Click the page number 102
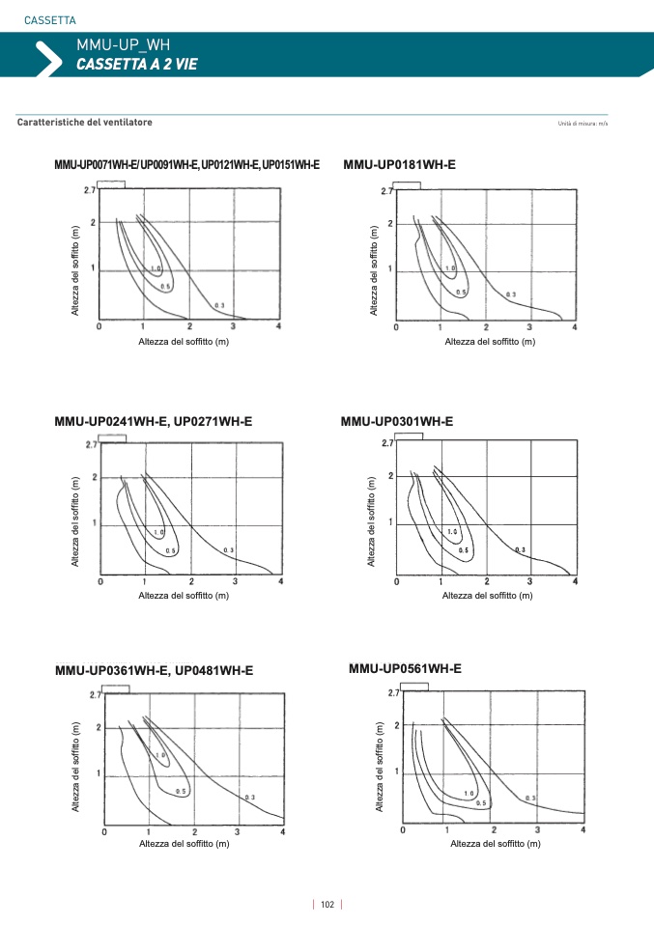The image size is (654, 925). (327, 905)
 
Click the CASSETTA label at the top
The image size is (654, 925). (50, 20)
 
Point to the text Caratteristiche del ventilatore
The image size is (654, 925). (85, 123)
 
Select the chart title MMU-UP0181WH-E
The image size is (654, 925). (399, 165)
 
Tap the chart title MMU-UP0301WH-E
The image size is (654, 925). (397, 421)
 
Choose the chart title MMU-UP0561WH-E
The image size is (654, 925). (405, 668)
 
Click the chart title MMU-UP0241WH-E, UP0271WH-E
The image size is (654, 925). (154, 421)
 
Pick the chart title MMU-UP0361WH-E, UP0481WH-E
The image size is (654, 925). (154, 670)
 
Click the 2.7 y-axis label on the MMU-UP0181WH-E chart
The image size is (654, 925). (386, 191)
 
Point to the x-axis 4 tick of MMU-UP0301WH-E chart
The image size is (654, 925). (576, 581)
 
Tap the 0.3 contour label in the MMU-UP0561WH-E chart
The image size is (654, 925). (530, 799)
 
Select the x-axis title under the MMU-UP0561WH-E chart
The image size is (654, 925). (495, 844)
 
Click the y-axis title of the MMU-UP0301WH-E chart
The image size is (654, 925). (371, 520)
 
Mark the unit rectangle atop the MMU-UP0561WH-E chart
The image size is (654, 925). (414, 687)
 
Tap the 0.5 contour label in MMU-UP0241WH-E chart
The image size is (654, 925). (170, 550)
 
